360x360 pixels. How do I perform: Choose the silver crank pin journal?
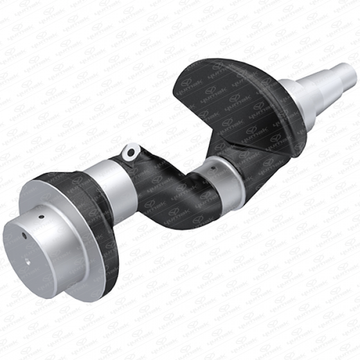coord(224,172)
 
